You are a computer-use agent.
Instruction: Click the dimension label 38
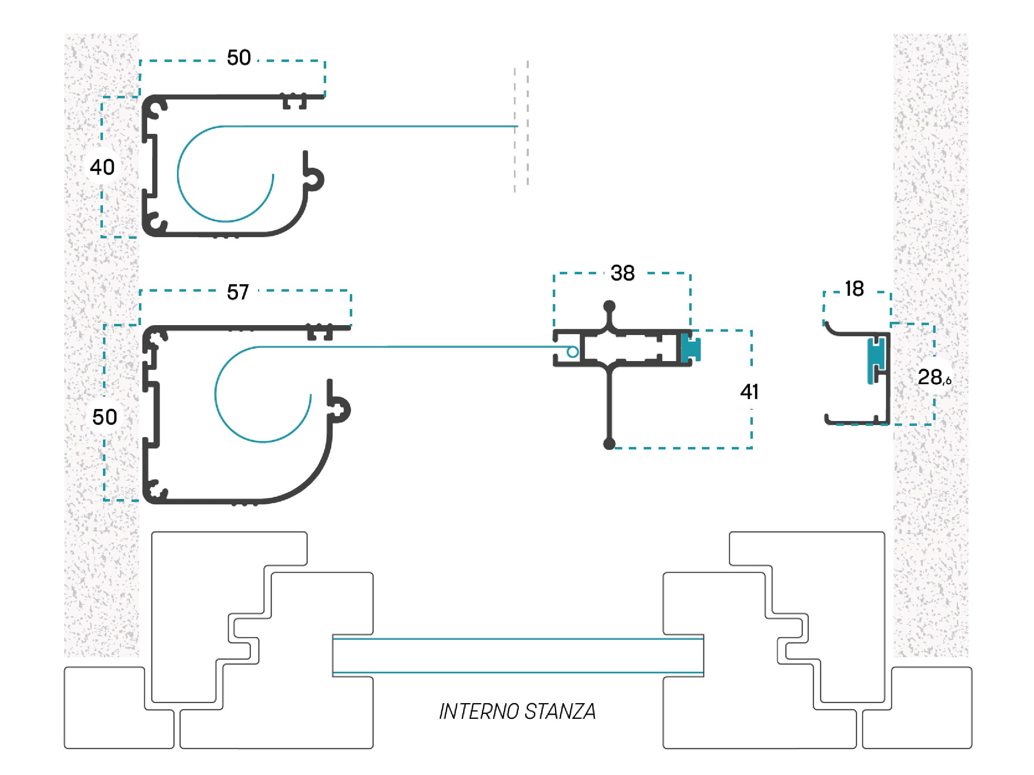pos(622,273)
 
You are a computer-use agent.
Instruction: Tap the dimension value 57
pos(238,292)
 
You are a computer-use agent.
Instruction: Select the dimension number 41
pos(749,392)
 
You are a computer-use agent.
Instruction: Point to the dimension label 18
pos(855,289)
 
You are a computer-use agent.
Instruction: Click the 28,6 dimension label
pos(934,378)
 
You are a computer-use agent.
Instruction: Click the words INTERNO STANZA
pos(517,711)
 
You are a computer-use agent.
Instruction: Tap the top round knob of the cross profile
pos(609,307)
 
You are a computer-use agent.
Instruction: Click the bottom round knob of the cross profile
pos(609,444)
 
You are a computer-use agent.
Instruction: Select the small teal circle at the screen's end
pos(572,352)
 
